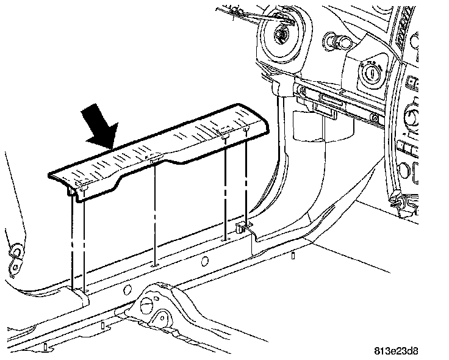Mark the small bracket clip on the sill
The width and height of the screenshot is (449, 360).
coord(242,228)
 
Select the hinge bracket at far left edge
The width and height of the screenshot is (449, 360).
coord(15,253)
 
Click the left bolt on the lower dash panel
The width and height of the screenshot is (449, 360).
coord(301,92)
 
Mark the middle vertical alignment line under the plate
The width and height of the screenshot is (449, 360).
coord(155,214)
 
